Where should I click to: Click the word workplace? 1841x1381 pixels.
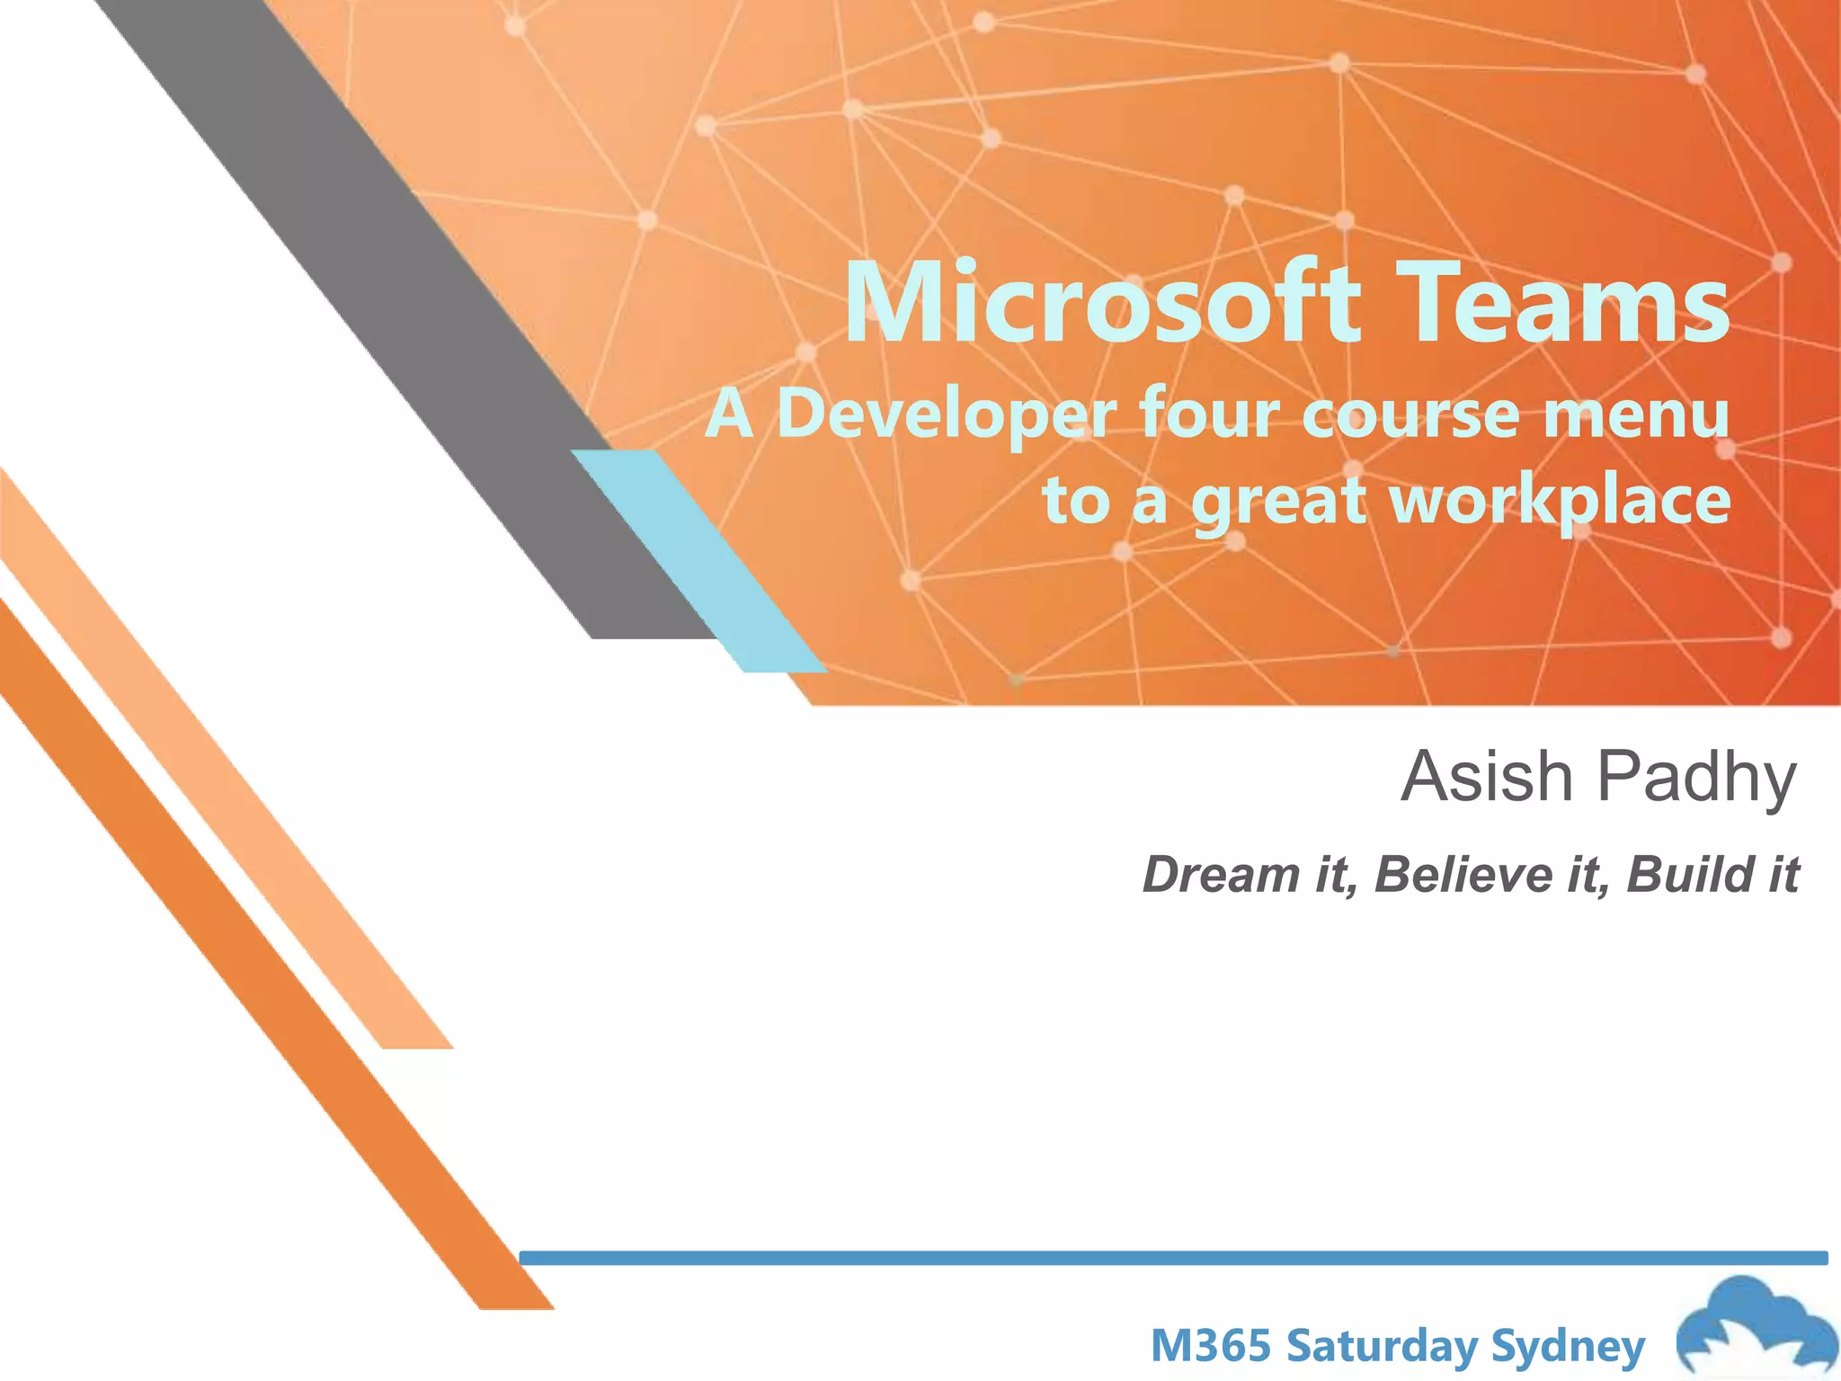click(x=1561, y=502)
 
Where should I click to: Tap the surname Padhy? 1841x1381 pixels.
click(x=1699, y=779)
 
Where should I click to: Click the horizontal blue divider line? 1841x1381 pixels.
click(x=1169, y=1258)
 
